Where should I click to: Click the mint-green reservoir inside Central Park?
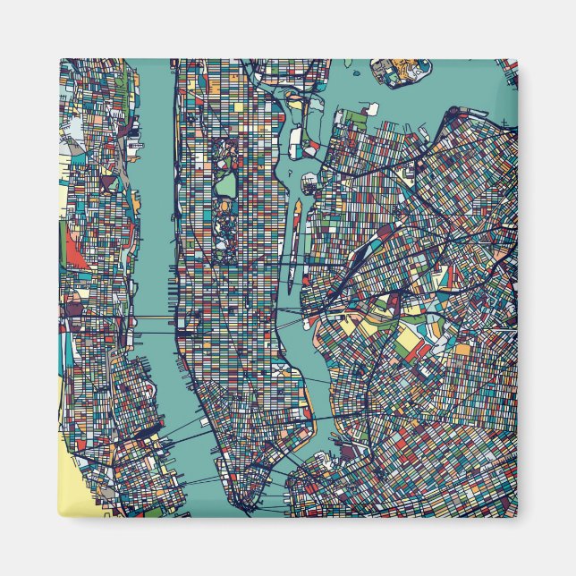[x=228, y=185]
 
